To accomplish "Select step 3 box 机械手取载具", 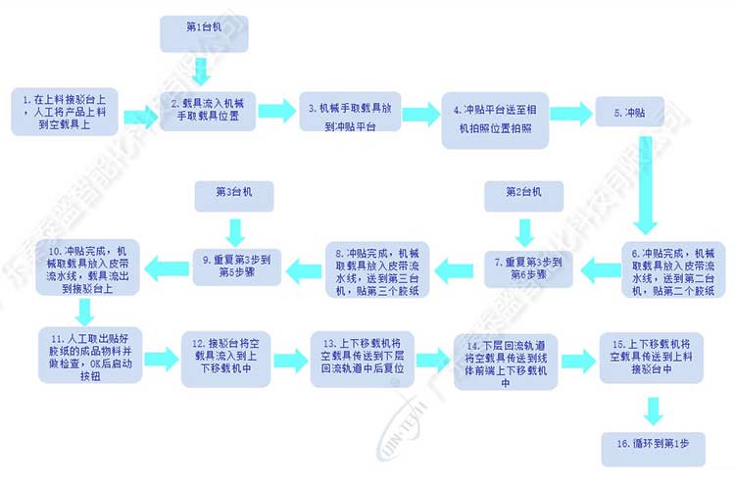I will [x=348, y=111].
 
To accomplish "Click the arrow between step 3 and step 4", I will [x=420, y=111].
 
